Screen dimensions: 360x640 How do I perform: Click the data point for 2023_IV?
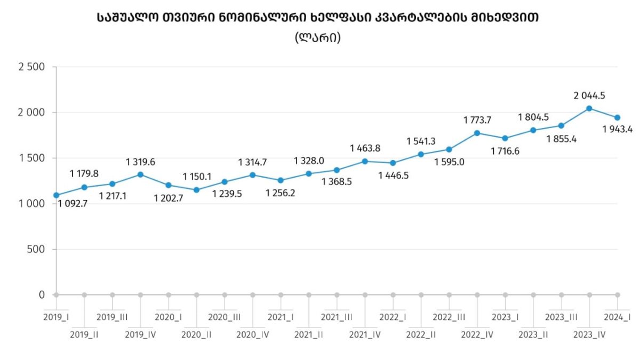pos(589,108)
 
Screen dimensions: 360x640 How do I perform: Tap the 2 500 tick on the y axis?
pos(32,67)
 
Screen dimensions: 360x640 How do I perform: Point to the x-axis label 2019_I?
pos(57,317)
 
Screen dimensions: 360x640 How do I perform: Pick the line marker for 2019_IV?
pos(140,174)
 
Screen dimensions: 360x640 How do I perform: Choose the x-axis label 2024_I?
pos(617,317)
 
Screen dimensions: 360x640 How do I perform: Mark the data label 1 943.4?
pos(620,129)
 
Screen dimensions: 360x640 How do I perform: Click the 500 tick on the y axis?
pos(36,249)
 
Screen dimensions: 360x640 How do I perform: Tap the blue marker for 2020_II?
pos(196,190)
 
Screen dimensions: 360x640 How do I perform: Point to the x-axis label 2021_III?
pos(337,317)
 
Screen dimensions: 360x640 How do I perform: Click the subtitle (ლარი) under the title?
pos(317,38)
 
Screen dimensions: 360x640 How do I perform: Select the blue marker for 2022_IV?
pos(477,133)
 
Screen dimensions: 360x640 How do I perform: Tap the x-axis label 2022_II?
pos(421,335)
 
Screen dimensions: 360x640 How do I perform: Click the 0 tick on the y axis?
pos(41,294)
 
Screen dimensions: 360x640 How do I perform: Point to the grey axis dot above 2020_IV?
pos(253,294)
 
